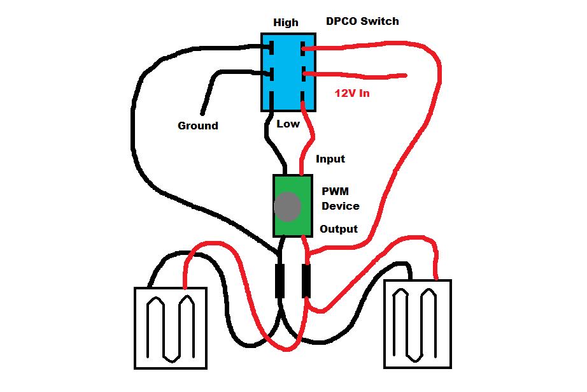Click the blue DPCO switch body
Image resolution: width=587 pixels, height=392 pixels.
[x=289, y=71]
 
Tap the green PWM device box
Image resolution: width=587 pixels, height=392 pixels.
[x=293, y=205]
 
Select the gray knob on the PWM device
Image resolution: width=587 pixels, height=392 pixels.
[x=287, y=207]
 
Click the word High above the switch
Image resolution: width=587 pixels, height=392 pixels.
[x=286, y=22]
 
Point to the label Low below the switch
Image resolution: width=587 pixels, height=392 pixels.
[x=288, y=124]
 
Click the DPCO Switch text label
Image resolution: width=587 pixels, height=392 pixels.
[x=362, y=21]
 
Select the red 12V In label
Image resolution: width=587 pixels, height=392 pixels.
[x=352, y=93]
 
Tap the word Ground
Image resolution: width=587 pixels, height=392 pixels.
[x=197, y=126]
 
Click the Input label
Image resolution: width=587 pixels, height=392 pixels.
[x=330, y=159]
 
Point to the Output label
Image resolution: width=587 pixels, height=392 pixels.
[x=338, y=229]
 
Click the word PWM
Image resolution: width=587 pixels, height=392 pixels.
[x=335, y=191]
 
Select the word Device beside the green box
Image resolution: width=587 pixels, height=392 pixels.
[x=340, y=206]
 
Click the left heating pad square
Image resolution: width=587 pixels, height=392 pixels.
[x=171, y=328]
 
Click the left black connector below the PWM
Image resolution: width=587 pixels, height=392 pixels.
[x=279, y=280]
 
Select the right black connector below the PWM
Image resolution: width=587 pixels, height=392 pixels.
[x=306, y=280]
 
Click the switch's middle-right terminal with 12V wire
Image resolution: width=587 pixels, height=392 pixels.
[x=306, y=75]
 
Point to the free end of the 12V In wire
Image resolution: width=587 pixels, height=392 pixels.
[x=405, y=76]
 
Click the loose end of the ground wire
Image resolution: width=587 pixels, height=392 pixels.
[x=203, y=113]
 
